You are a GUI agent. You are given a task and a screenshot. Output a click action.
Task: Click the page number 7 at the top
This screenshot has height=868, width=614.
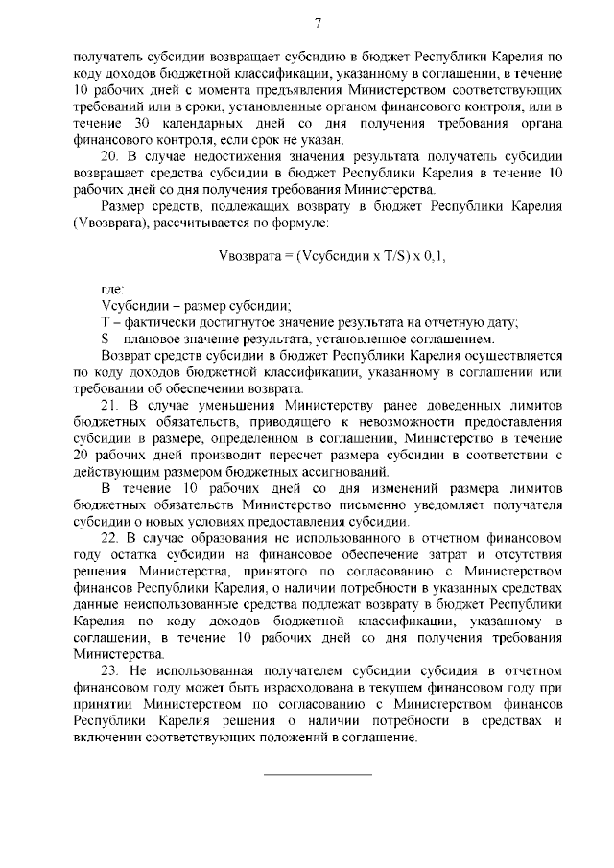317,23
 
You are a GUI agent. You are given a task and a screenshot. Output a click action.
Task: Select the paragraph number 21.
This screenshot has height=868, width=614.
108,406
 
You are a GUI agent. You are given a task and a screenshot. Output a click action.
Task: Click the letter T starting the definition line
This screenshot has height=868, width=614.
105,322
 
